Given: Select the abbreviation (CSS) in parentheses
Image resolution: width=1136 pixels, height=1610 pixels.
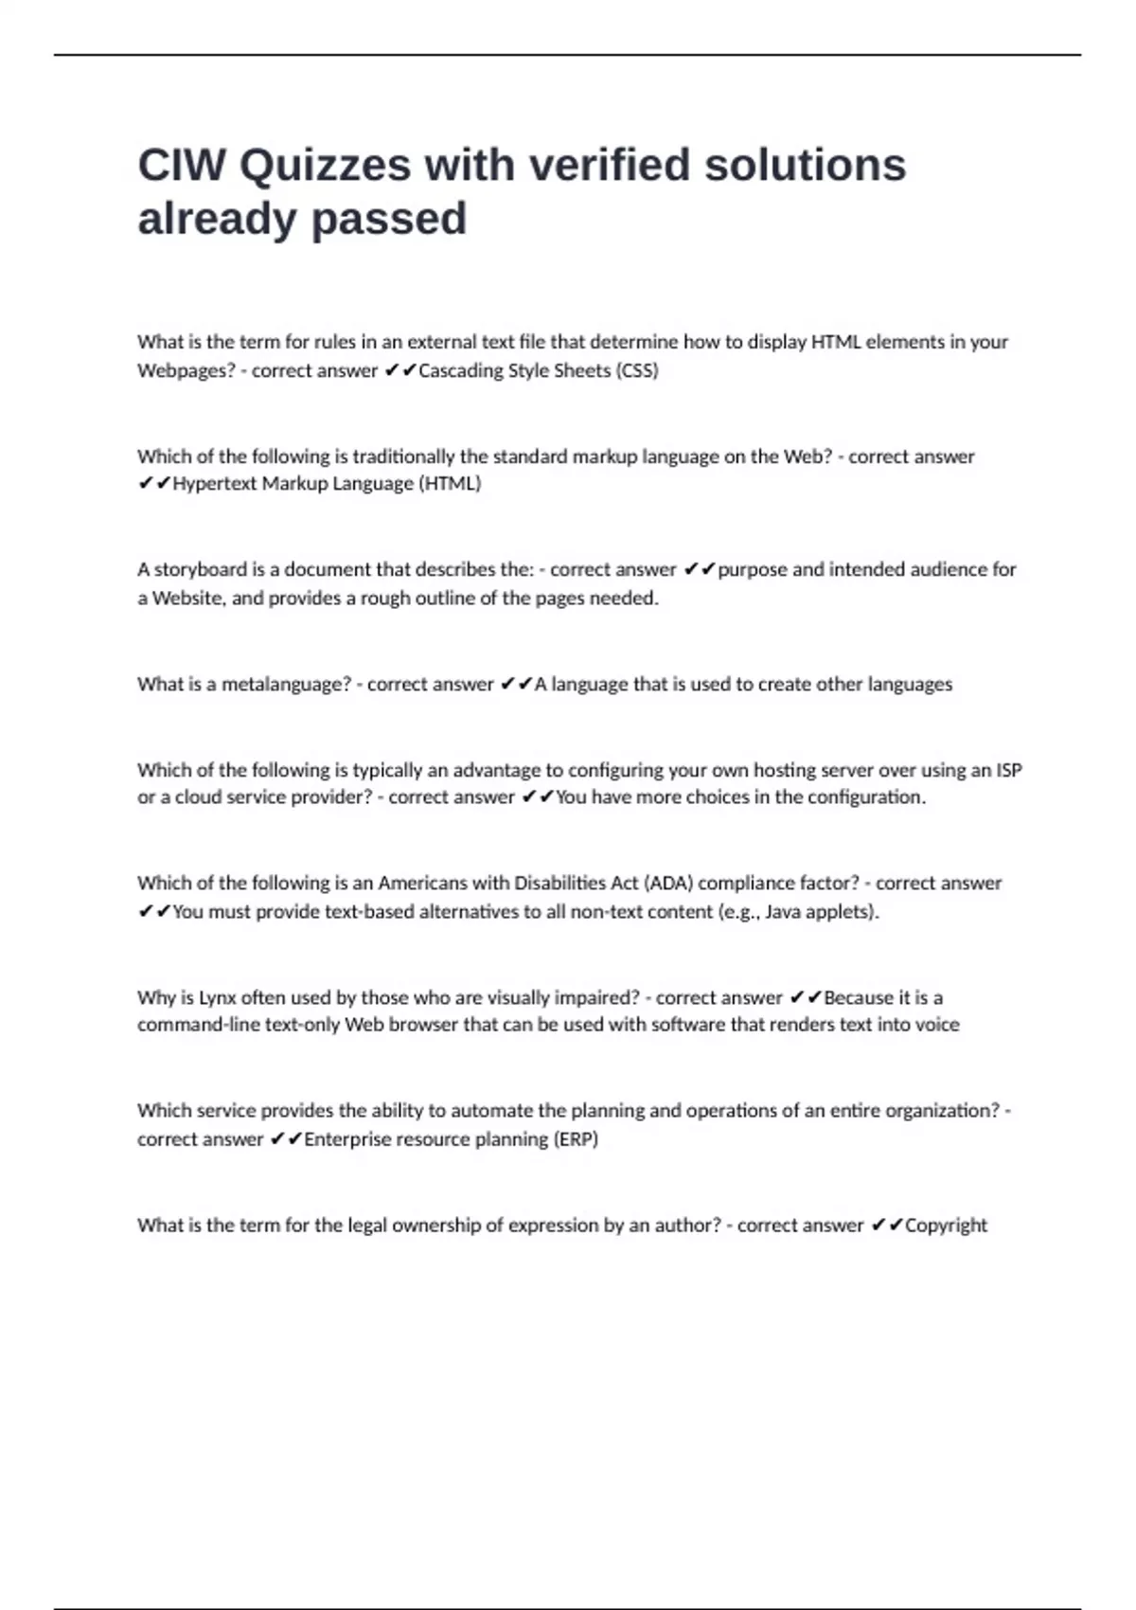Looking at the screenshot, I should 637,370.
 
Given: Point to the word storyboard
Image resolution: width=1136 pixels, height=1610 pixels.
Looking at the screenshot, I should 200,569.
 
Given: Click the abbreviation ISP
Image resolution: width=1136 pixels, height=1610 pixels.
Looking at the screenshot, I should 1008,770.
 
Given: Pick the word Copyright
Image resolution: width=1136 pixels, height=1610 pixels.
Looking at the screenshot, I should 946,1225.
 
